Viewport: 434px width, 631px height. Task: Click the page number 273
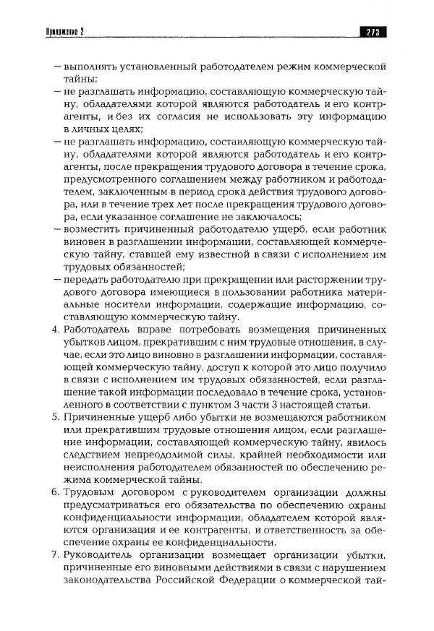point(373,31)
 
